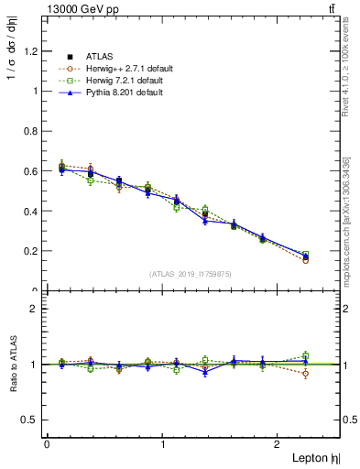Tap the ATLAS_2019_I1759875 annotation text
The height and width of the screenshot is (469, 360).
pyautogui.click(x=191, y=273)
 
